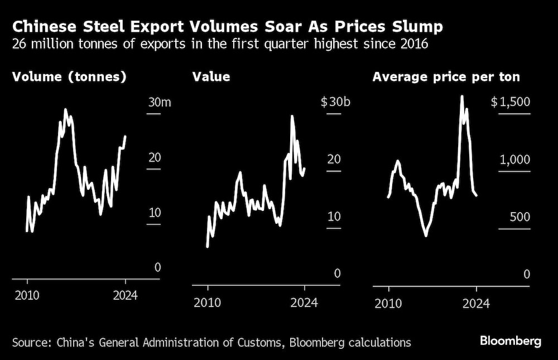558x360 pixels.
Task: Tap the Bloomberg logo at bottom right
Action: click(x=511, y=341)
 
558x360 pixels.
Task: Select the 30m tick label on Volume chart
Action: click(x=154, y=102)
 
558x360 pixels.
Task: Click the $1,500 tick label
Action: click(x=511, y=102)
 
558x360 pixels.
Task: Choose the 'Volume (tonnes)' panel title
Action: click(x=69, y=77)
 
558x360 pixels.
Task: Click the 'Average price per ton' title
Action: click(x=446, y=77)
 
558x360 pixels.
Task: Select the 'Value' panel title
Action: click(x=211, y=77)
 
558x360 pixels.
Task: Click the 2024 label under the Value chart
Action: click(x=305, y=303)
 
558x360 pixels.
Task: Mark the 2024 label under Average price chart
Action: click(x=476, y=303)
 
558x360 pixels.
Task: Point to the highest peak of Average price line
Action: click(x=461, y=96)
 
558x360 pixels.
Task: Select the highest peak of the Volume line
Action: click(x=65, y=109)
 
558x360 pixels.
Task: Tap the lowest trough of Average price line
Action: click(x=426, y=236)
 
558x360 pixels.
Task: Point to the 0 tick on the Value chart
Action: click(x=337, y=274)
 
